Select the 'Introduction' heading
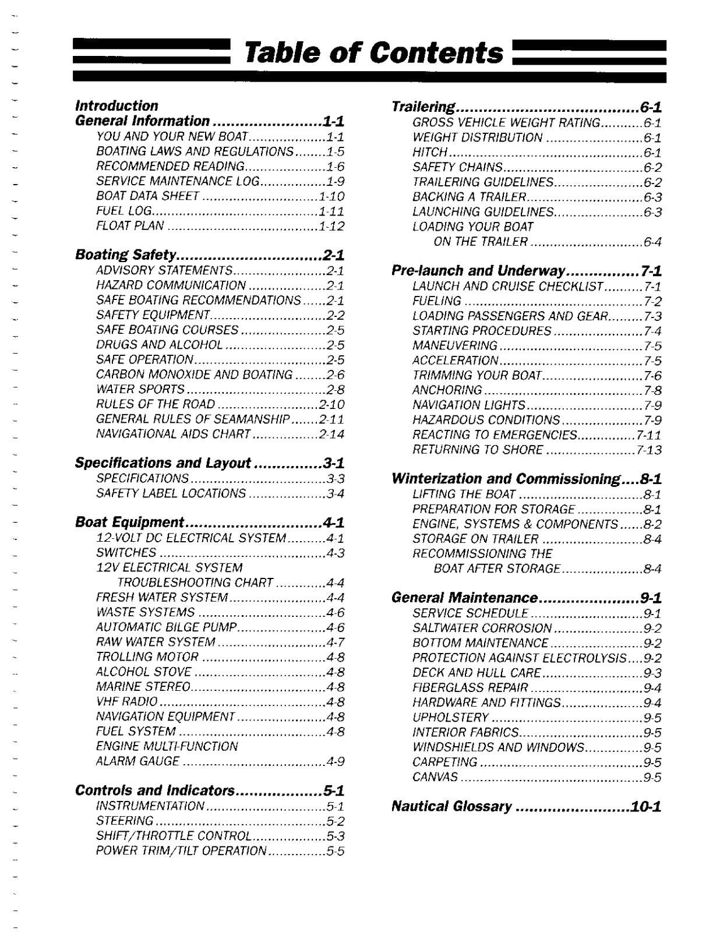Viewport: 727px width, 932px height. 117,106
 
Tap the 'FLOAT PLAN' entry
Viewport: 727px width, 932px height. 130,225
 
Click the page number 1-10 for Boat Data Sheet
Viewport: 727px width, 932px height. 331,196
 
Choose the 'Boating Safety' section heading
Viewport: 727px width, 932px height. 126,255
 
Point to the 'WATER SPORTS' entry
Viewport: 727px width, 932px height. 140,389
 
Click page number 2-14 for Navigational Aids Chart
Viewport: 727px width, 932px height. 331,434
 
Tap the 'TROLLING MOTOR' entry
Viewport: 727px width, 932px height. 147,657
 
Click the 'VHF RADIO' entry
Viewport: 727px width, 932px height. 126,702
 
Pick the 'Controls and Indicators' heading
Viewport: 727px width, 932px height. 154,790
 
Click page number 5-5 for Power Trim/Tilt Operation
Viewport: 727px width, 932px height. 336,851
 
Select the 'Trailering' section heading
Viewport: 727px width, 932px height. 423,107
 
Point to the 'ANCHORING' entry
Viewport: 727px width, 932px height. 447,390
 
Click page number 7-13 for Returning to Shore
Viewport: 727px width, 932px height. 649,450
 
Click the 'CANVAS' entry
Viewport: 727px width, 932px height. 435,778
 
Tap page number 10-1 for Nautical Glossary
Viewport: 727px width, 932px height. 645,807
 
